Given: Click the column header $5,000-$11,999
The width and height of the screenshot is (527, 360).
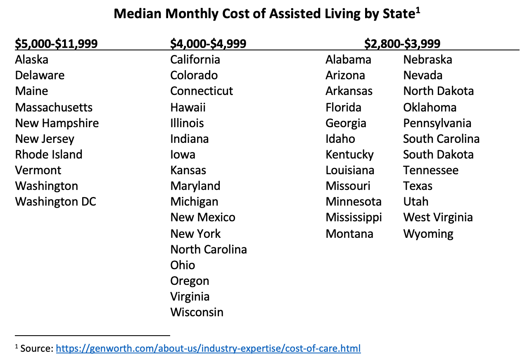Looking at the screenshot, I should [x=56, y=43].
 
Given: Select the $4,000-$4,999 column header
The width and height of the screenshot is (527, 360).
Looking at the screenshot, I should [x=208, y=43].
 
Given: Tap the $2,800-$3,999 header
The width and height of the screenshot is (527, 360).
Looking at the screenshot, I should [x=402, y=43].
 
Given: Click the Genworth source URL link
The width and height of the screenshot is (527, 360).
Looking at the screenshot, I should [x=208, y=348].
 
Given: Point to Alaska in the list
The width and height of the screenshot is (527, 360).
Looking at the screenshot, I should [x=32, y=59].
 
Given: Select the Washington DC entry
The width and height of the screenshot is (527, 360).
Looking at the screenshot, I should [x=56, y=201].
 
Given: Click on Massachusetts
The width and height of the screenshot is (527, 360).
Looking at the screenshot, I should [x=54, y=107].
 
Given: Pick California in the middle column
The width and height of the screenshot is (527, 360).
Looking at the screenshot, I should [x=195, y=59].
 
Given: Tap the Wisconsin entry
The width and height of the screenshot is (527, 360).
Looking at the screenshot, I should [x=197, y=312].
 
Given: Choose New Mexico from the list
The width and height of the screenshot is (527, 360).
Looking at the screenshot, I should [x=203, y=217].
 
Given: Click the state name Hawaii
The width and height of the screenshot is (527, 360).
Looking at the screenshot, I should [x=188, y=107].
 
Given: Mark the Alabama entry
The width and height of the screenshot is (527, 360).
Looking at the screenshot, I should [x=348, y=59].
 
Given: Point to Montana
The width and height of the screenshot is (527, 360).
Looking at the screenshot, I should [x=349, y=234].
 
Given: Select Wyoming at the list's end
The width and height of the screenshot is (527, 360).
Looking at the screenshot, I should [x=428, y=234].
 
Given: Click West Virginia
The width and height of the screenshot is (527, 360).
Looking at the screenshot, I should [x=438, y=217].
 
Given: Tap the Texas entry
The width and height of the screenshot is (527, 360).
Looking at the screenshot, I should [x=418, y=186].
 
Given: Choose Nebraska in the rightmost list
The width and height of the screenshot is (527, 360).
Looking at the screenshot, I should [x=427, y=59].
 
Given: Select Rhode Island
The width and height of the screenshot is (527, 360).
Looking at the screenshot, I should [x=49, y=154].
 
